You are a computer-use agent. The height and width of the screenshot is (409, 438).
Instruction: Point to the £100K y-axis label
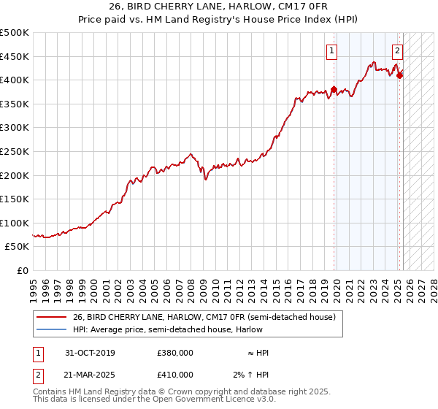(x=15, y=223)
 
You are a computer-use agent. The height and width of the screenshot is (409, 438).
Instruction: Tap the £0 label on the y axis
(x=22, y=271)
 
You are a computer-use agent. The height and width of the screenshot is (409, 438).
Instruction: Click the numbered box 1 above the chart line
(x=331, y=51)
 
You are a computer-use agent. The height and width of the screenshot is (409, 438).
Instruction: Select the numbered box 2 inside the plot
(x=397, y=51)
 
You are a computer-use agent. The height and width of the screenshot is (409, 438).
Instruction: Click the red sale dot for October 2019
(x=334, y=90)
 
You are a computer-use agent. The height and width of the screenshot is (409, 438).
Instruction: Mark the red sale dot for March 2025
(x=399, y=74)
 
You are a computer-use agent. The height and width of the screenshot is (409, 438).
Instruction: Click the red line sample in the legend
(x=51, y=318)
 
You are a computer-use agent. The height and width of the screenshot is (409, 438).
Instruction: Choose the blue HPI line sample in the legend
(x=51, y=329)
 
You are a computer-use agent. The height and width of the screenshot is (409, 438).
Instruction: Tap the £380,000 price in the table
(x=174, y=353)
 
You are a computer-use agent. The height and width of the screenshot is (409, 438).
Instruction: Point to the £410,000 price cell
(x=174, y=375)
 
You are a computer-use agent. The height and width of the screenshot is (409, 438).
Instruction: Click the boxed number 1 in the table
(x=38, y=353)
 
